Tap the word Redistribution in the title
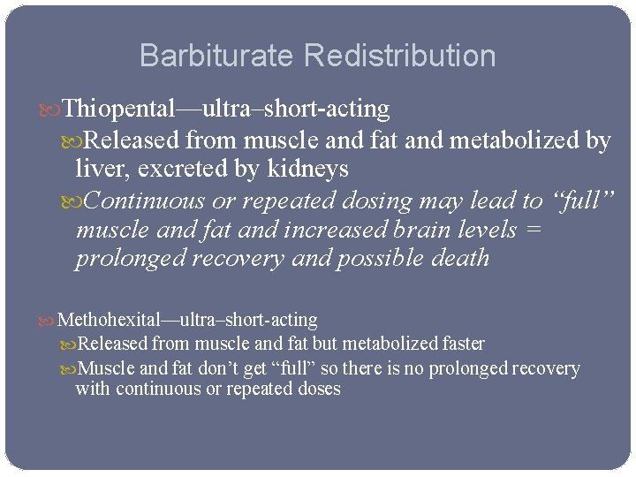pos(399,57)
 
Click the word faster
pos(463,344)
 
